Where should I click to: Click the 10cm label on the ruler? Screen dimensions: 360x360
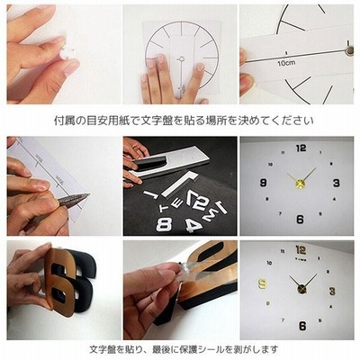pyautogui.click(x=286, y=63)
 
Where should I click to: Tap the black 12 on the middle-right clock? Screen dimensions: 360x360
pyautogui.click(x=301, y=148)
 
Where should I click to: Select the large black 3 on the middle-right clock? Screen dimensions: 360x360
pyautogui.click(x=336, y=183)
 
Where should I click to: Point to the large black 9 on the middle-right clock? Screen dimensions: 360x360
pyautogui.click(x=264, y=183)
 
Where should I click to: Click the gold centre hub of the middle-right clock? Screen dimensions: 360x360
pyautogui.click(x=300, y=184)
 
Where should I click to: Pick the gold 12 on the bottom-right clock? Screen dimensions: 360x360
pyautogui.click(x=301, y=249)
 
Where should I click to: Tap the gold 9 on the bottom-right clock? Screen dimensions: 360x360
pyautogui.click(x=262, y=283)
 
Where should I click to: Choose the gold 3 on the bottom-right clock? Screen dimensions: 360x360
pyautogui.click(x=332, y=291)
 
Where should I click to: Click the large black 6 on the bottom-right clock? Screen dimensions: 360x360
pyautogui.click(x=302, y=326)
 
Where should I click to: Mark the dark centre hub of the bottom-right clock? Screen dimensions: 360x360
pyautogui.click(x=301, y=289)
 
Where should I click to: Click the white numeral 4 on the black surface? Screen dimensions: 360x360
pyautogui.click(x=193, y=226)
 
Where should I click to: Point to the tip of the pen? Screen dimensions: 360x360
pyautogui.click(x=89, y=194)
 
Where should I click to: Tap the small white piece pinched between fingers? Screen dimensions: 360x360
pyautogui.click(x=65, y=54)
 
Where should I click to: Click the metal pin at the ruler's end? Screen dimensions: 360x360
pyautogui.click(x=349, y=50)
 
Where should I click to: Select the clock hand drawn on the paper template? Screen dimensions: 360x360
pyautogui.click(x=181, y=75)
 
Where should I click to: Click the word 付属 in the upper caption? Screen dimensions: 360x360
pyautogui.click(x=62, y=121)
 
